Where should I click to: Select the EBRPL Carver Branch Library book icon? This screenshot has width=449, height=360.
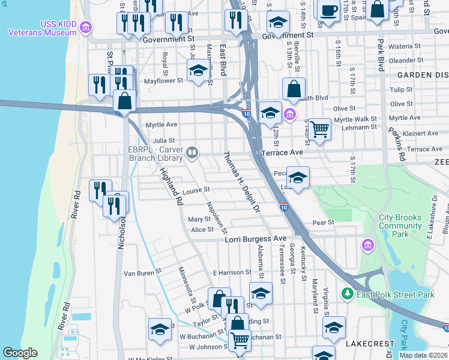[x=192, y=152]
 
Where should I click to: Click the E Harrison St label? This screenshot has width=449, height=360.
[x=231, y=272]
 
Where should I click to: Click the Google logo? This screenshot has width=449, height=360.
[x=20, y=353]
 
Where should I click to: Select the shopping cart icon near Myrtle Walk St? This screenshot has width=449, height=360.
[x=320, y=127]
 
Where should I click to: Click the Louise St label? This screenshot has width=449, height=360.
[x=196, y=190]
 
